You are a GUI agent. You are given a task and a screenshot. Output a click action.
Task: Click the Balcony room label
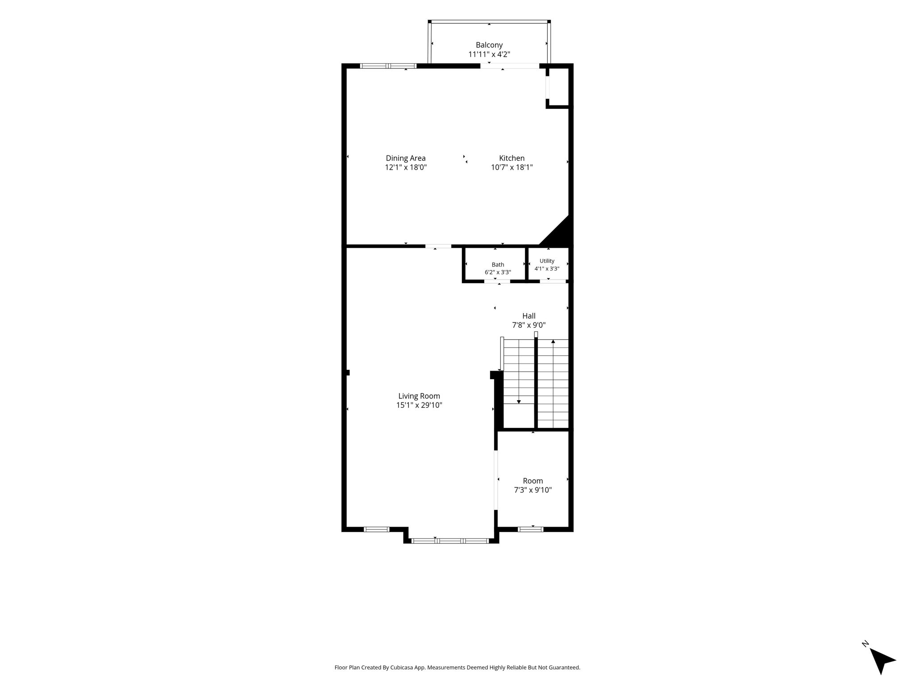(489, 45)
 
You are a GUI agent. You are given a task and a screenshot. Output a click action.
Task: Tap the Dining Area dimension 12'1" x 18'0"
(406, 167)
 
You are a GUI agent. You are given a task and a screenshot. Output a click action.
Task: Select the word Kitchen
(512, 158)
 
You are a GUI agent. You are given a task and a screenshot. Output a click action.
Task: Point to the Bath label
(498, 265)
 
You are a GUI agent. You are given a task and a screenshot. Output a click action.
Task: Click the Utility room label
(547, 261)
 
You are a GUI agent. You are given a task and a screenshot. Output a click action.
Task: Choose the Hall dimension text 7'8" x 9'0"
(529, 325)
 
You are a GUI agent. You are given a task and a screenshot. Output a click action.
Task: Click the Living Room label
(419, 396)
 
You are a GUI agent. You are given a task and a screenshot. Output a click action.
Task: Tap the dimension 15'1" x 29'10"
(419, 406)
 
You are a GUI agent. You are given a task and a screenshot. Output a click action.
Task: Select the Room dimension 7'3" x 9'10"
(533, 490)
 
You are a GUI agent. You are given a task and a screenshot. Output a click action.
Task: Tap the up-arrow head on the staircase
(553, 342)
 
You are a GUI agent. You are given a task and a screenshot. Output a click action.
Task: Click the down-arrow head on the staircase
(519, 402)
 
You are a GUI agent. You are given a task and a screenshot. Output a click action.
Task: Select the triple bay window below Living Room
(449, 541)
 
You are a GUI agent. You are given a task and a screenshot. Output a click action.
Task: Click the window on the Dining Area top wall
(388, 66)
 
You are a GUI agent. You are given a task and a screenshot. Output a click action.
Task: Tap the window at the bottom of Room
(531, 529)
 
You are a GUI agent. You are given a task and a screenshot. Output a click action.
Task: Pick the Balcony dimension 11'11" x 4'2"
(489, 54)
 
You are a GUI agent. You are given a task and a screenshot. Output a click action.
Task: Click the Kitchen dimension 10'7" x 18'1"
(512, 167)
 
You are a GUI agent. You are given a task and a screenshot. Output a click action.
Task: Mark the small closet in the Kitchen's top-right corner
(558, 87)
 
